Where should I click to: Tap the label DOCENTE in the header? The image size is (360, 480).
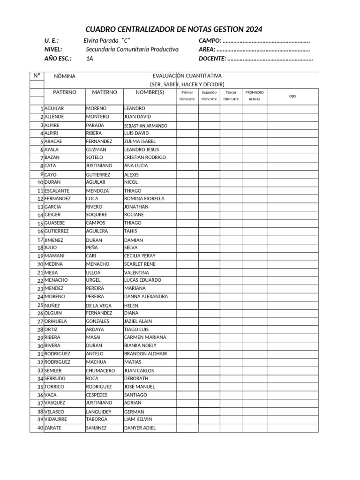[212, 59]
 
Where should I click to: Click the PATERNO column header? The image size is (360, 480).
[64, 92]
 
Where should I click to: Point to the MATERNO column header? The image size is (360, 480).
[105, 92]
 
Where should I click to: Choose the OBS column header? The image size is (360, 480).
[292, 96]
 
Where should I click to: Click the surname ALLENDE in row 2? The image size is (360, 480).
[54, 116]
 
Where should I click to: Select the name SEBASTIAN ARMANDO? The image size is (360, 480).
[145, 126]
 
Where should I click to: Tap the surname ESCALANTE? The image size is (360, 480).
[57, 191]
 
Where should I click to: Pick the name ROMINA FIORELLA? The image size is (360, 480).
[144, 198]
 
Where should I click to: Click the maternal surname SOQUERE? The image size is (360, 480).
[97, 214]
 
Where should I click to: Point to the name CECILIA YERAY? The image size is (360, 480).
[140, 256]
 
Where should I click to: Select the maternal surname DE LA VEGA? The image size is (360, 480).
[98, 306]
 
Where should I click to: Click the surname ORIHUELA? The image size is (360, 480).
[56, 321]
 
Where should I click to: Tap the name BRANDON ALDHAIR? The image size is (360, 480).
[145, 354]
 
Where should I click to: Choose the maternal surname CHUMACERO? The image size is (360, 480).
[100, 370]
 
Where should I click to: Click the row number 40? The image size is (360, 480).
[40, 428]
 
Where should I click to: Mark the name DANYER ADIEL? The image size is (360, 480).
[140, 428]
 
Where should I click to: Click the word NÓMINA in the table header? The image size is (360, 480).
[65, 76]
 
